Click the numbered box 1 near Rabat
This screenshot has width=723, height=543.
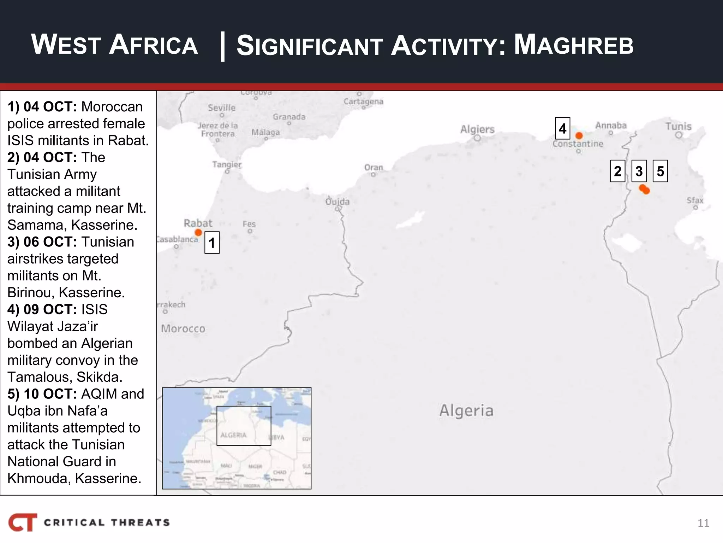coord(212,243)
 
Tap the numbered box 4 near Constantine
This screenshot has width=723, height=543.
coord(562,128)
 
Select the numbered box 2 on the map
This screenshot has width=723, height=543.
coord(617,171)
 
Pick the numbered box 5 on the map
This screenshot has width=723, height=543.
coord(660,171)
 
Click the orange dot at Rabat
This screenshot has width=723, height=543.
coord(198,232)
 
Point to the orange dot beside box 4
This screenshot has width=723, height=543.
coord(579,135)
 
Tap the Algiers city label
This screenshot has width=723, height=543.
coord(477,129)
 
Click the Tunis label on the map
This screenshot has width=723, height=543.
coord(679,126)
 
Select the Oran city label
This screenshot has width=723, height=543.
coord(374,167)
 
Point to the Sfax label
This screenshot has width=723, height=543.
coord(695,200)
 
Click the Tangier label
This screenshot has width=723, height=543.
coord(227,164)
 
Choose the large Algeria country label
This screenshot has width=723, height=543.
coord(466,410)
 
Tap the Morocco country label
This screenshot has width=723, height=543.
coord(183,328)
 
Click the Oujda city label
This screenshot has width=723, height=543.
coord(337,202)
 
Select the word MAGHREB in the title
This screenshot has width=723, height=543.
coord(574,45)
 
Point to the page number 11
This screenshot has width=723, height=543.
coord(703,523)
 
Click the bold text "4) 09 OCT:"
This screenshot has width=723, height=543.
coord(42,309)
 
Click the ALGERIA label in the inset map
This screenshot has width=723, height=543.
coord(233,435)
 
